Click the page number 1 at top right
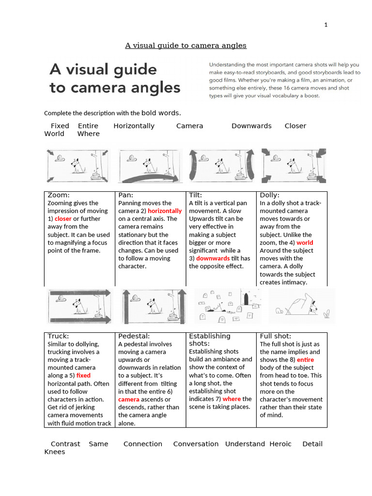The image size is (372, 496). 326,25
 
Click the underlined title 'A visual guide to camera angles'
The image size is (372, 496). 186,46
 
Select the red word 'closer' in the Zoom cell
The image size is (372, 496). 63,219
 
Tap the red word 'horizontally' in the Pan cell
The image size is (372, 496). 165,211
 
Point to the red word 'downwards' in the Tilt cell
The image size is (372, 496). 213,259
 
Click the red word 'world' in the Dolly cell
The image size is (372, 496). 305,243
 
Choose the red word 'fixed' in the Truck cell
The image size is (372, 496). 83,375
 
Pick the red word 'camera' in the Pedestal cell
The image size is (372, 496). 129,400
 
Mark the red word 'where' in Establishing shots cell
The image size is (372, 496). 232,399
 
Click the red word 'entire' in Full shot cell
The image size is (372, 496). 305,360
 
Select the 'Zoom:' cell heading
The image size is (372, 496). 59,195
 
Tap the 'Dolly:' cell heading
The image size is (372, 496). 270,195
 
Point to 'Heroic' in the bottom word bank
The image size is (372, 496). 280,444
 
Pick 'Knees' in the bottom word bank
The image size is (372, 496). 54,452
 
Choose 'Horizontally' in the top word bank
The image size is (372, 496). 134,126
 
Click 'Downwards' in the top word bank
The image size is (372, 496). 251,126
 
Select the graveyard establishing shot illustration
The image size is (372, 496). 228,306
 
